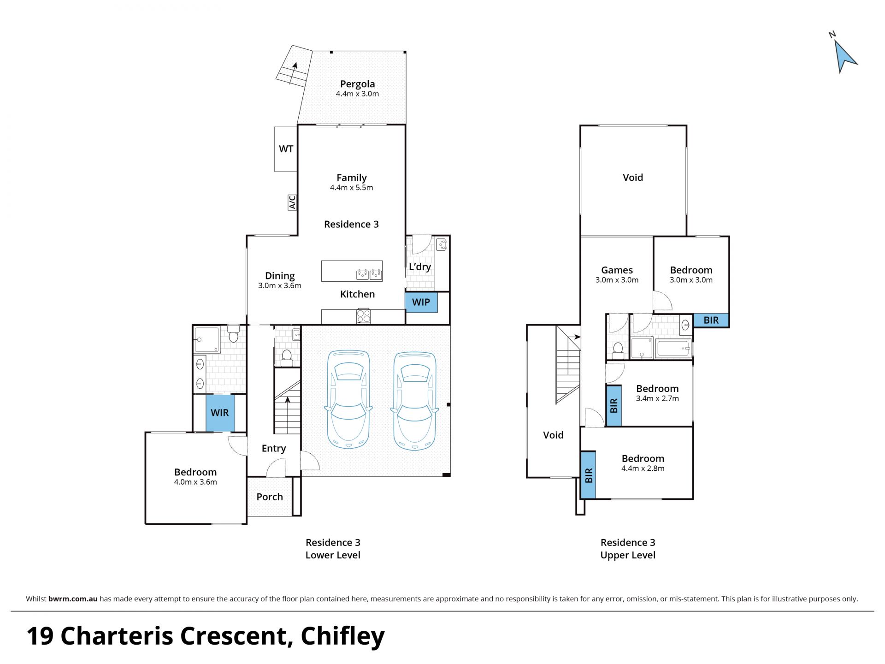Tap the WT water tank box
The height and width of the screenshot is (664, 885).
tap(286, 149)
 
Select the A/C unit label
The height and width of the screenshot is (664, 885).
tap(292, 202)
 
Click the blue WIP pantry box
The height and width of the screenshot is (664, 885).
tap(421, 302)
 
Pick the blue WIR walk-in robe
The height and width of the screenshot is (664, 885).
tap(220, 413)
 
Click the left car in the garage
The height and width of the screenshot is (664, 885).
tap(348, 399)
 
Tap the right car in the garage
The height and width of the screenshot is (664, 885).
tap(414, 401)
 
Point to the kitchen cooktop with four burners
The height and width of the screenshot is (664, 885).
tap(363, 316)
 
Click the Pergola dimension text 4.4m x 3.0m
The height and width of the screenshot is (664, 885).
tap(358, 94)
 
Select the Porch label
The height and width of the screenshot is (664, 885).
tap(270, 497)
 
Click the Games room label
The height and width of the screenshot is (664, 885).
tap(617, 270)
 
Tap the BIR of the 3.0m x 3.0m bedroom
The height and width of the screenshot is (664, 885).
tap(711, 320)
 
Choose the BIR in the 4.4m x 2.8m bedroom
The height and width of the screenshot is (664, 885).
tap(588, 475)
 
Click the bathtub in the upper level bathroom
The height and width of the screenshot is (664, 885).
tap(673, 349)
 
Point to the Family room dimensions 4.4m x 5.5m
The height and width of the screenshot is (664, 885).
tap(352, 188)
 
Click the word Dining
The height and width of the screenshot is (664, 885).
tap(280, 276)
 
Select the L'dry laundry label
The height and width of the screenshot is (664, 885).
tap(420, 267)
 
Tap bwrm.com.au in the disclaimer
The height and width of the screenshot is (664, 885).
tap(73, 599)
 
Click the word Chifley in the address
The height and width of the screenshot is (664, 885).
tap(342, 637)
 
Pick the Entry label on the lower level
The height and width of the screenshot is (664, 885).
tap(274, 449)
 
